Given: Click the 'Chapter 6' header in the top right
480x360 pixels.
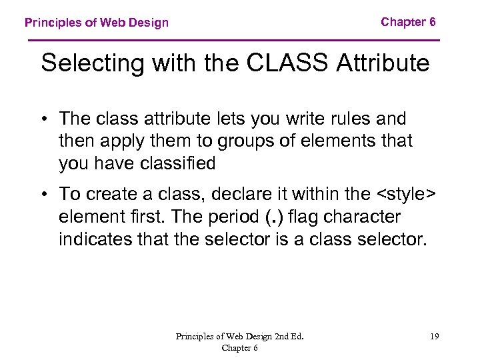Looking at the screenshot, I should [x=408, y=22].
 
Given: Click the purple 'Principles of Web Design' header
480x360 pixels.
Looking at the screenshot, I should [x=97, y=23].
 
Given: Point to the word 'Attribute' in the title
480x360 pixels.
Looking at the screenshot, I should [x=383, y=63].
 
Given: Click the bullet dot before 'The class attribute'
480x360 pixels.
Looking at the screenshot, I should [x=45, y=119].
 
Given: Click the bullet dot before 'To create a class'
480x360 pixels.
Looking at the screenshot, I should [x=45, y=194].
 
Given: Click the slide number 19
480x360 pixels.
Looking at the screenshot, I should [x=434, y=337].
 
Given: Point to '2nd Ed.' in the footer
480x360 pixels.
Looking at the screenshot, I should [x=287, y=337].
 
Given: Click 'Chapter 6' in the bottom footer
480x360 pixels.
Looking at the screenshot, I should [x=240, y=347].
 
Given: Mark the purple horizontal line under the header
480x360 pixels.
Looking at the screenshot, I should [x=234, y=41].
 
